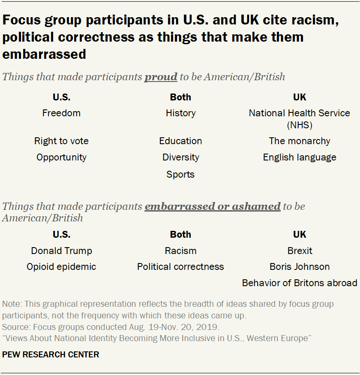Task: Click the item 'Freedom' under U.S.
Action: [61, 113]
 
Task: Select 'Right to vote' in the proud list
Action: [61, 141]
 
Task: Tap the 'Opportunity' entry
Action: [61, 157]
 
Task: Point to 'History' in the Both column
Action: [180, 113]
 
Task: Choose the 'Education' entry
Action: [180, 141]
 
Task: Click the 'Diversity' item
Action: [180, 157]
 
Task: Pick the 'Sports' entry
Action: [180, 175]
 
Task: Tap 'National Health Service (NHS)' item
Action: [299, 119]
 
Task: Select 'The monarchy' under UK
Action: [299, 141]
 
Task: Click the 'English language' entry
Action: [299, 157]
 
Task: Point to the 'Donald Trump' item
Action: [61, 251]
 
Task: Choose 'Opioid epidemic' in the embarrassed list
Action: [61, 267]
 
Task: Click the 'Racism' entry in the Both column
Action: [180, 251]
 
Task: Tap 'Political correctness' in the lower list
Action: [180, 267]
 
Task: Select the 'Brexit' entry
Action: [300, 251]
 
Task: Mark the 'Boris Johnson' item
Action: [300, 267]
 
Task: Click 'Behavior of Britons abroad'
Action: [300, 283]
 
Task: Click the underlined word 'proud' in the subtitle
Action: [161, 77]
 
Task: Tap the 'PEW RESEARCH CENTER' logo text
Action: [51, 355]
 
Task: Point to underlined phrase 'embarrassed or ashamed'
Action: [212, 206]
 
